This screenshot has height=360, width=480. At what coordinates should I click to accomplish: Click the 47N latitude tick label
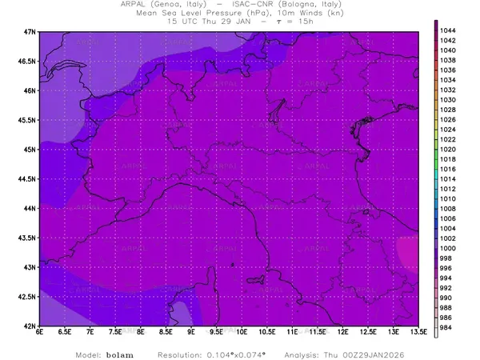[x=30, y=31]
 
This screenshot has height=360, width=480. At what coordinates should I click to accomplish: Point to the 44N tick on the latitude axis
[x=30, y=208]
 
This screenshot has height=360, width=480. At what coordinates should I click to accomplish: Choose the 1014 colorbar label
[x=447, y=179]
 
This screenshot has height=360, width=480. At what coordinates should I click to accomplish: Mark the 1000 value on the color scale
[x=447, y=249]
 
